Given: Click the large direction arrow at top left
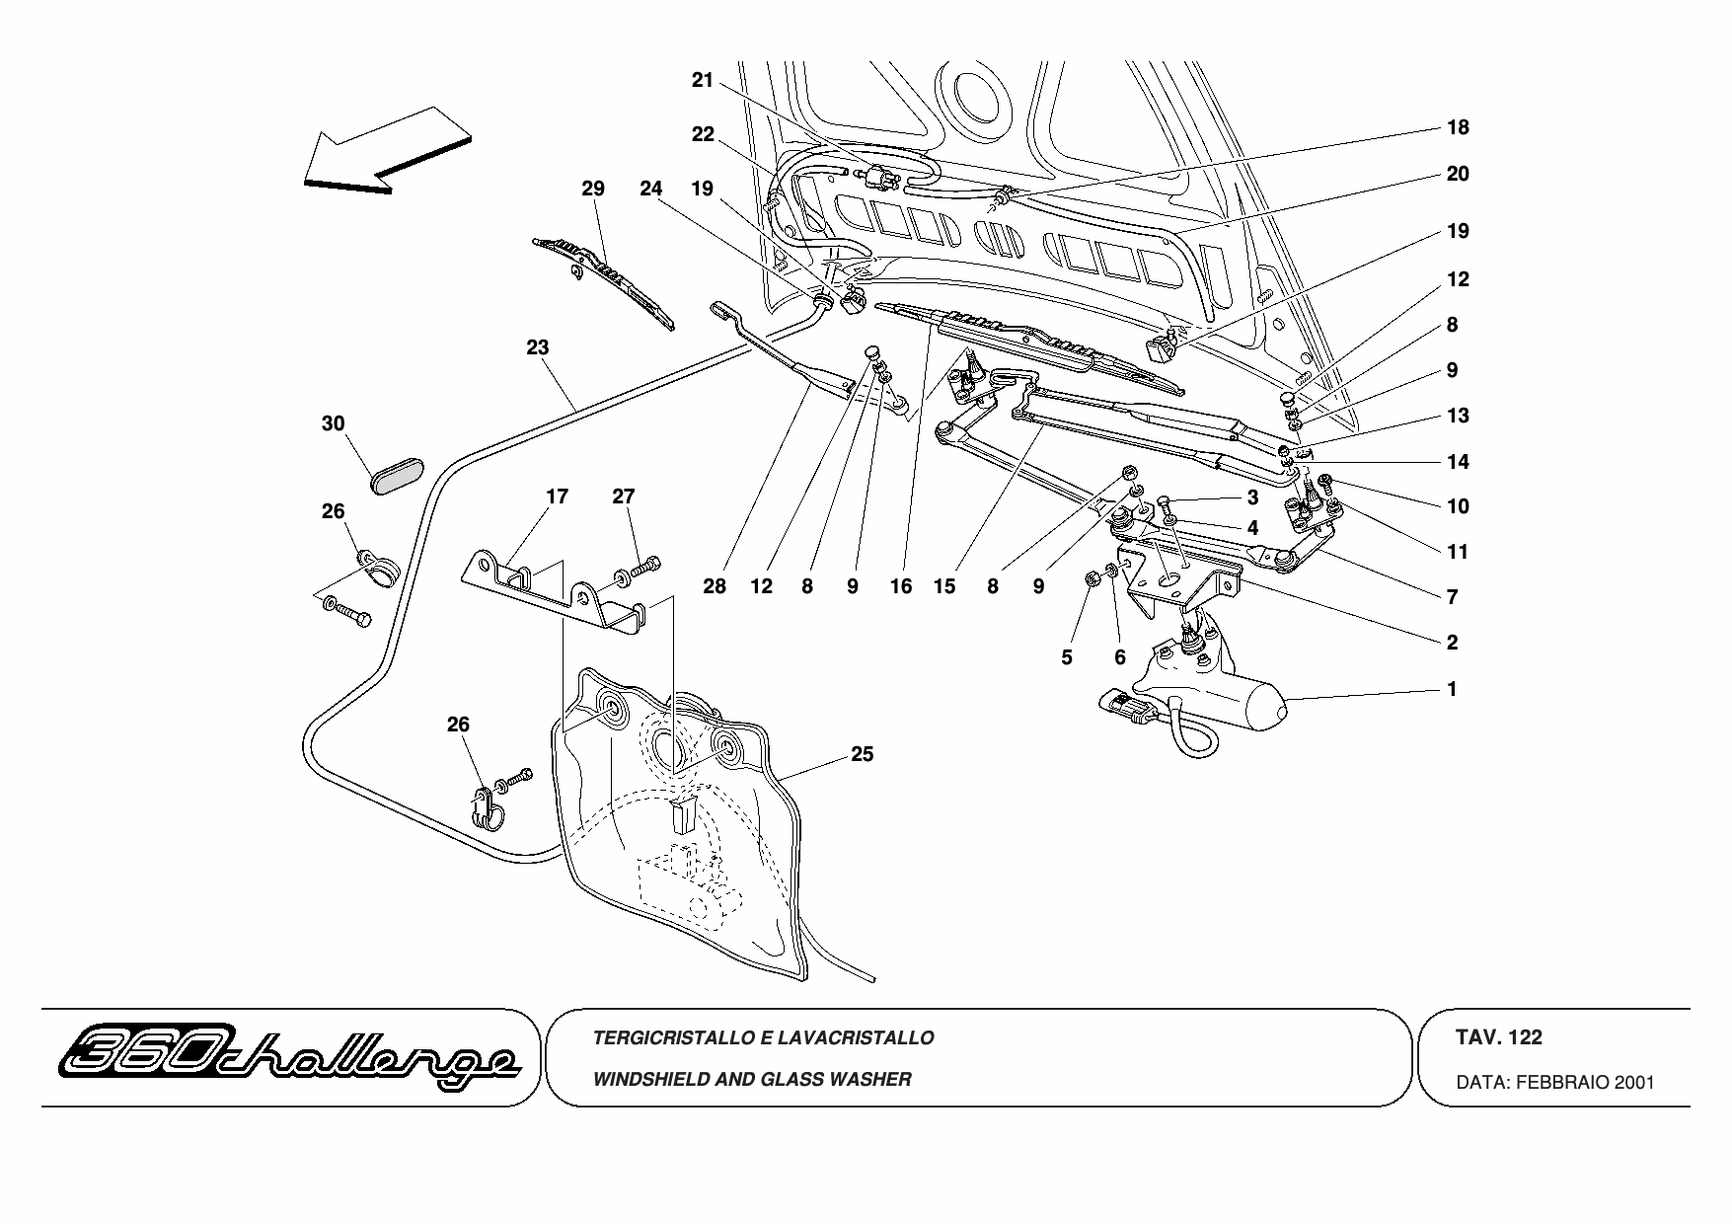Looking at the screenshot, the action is tap(385, 150).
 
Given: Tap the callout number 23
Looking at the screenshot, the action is tap(538, 347).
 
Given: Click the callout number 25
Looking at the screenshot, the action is tap(863, 754).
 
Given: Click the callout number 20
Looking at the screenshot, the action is tap(1458, 174).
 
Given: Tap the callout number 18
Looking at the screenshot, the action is tap(1458, 127).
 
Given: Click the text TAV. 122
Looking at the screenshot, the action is tap(1498, 1037).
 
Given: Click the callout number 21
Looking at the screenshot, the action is tap(702, 81).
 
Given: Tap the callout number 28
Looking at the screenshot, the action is tap(715, 586).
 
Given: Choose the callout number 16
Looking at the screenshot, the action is tap(900, 586).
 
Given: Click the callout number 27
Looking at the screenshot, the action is tap(623, 497).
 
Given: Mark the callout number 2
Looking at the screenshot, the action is tap(1452, 643).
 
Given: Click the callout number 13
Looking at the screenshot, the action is tap(1458, 416).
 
